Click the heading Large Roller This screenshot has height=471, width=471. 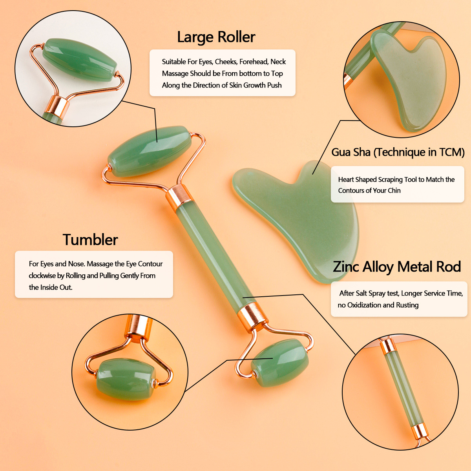(x=216, y=37)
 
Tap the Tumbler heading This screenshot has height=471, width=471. (x=90, y=240)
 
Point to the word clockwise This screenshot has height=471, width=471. (x=42, y=276)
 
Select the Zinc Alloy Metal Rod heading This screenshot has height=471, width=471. (x=396, y=267)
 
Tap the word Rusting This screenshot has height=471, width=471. (x=407, y=305)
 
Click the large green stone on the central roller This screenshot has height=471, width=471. (x=150, y=150)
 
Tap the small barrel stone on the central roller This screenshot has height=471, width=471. (x=279, y=363)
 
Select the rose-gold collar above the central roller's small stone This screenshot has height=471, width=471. (x=253, y=316)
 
